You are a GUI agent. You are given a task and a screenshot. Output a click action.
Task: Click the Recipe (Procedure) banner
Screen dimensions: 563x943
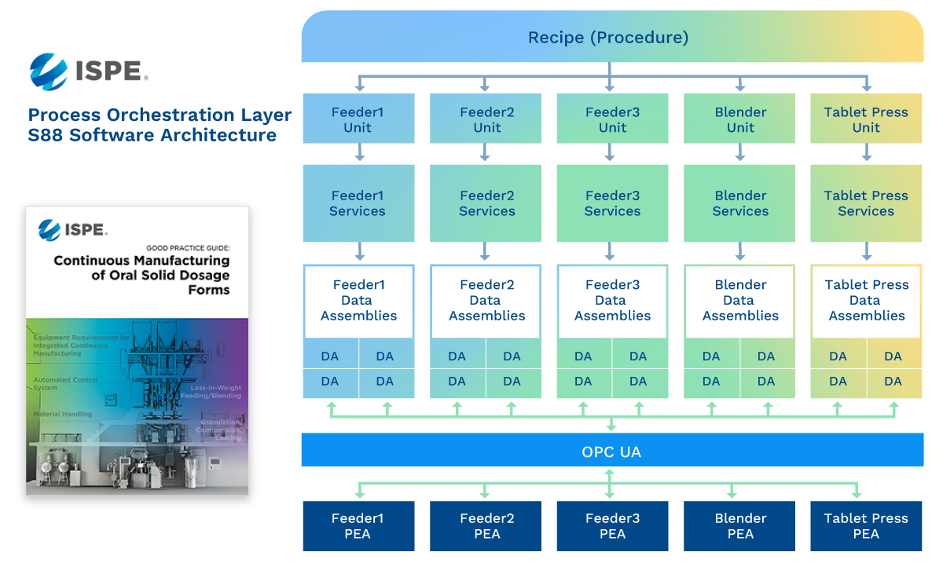pos(611,37)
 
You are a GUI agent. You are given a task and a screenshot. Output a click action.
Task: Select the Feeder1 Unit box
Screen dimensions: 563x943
pos(358,119)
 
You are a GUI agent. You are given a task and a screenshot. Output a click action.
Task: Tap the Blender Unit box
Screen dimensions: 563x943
pos(740,119)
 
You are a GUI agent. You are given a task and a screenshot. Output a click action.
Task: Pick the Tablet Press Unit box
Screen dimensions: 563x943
pos(866,119)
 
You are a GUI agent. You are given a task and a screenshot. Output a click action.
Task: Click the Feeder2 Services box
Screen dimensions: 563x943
pos(486,203)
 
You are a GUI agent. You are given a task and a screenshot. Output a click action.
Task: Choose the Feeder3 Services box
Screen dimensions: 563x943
pos(612,203)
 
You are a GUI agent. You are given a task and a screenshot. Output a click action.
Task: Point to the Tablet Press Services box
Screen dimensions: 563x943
pos(866,203)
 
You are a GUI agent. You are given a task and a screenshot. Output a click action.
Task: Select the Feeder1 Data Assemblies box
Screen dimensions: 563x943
pos(358,301)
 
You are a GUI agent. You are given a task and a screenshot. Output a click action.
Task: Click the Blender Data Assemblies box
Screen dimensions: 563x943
pos(740,301)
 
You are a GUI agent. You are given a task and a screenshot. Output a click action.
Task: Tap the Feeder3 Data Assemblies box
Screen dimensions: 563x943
pos(612,301)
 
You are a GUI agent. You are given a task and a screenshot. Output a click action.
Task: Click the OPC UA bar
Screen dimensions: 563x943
pos(611,452)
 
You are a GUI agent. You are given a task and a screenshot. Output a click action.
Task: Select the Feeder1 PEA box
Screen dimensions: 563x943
pos(358,526)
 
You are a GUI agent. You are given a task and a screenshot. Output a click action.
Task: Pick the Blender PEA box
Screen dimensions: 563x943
pos(740,526)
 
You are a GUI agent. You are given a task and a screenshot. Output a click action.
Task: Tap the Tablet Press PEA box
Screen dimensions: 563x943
pos(866,526)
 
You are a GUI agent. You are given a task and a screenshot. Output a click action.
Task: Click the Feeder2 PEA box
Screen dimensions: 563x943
pos(486,526)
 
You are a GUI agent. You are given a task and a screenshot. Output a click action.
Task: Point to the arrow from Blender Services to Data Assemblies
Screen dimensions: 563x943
pos(740,252)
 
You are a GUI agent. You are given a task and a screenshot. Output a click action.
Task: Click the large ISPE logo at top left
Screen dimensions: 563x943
pos(87,68)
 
